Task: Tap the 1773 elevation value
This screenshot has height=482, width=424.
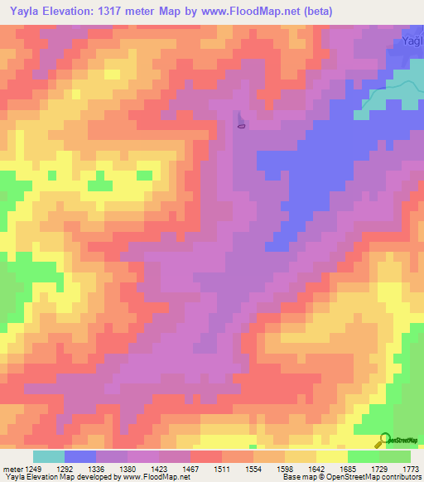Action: point(410,468)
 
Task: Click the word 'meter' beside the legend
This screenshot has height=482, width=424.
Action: point(12,468)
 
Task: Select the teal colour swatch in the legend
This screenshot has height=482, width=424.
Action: point(48,456)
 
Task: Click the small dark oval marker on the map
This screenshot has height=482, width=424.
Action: point(241,126)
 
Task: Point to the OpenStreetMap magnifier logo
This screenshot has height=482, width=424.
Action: point(384,441)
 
